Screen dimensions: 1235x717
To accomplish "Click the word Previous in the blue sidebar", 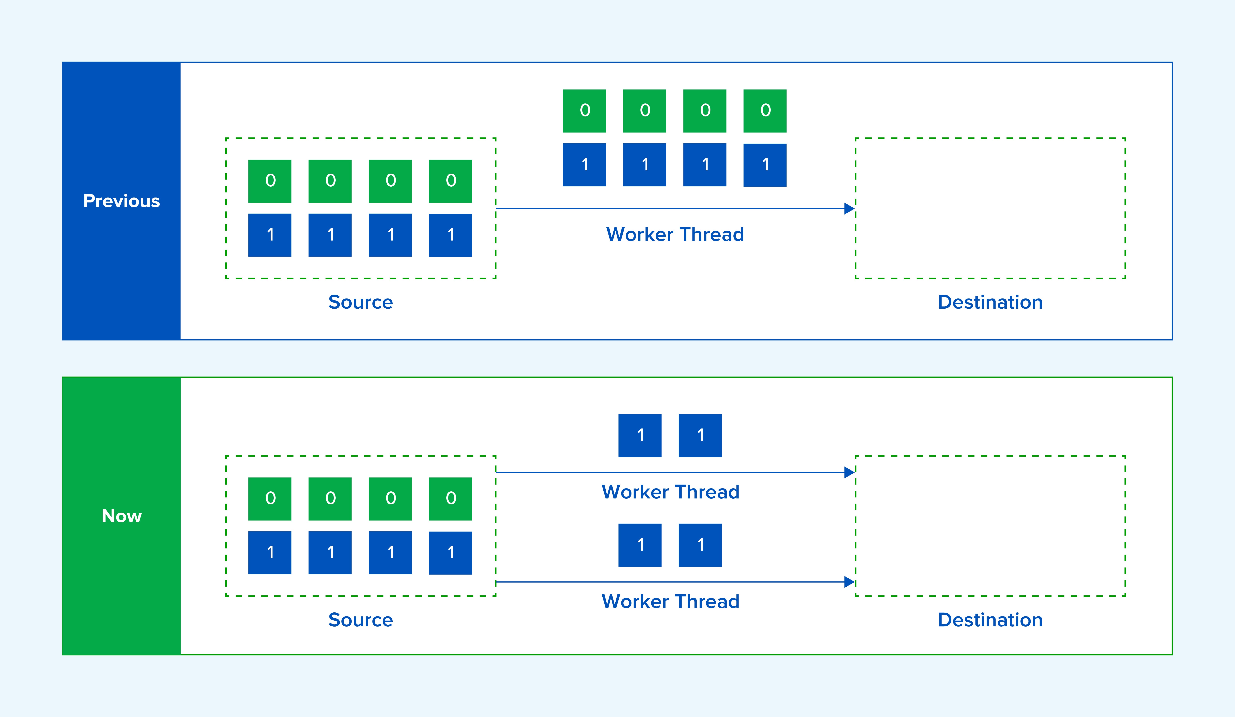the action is [x=122, y=201].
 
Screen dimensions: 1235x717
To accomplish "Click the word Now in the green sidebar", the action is [x=122, y=516].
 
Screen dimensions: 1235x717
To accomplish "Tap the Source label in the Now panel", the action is [x=361, y=620].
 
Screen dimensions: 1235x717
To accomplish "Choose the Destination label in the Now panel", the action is [x=990, y=620].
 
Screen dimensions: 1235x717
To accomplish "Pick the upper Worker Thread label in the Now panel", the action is [x=670, y=492].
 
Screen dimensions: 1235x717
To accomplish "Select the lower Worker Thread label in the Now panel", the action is [x=670, y=601].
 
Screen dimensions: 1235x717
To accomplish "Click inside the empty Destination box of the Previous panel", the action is [x=990, y=208].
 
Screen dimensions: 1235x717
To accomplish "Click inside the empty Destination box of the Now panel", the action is [x=990, y=526].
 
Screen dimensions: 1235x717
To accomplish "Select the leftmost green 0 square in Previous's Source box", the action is [x=270, y=181].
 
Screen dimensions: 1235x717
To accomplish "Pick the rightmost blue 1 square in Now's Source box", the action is [x=450, y=553].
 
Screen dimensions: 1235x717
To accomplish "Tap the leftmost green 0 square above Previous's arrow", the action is [x=584, y=111].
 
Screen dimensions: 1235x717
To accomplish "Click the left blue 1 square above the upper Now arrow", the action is [x=640, y=436].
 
